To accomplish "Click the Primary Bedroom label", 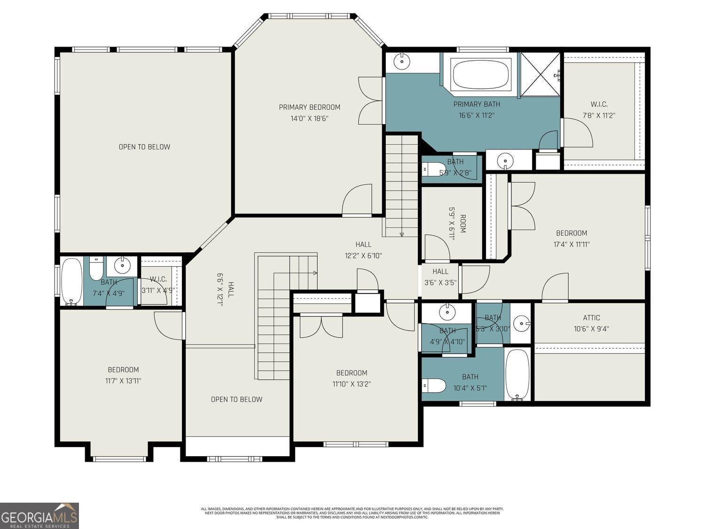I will click(x=309, y=107).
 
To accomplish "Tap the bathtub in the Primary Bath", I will click(x=480, y=74).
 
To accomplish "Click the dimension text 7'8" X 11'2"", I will click(x=599, y=115).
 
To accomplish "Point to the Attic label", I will click(x=591, y=318).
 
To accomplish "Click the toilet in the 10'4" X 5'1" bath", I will click(x=434, y=386).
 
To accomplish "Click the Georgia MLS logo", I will click(x=39, y=515).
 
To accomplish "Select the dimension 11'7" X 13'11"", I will click(x=123, y=381).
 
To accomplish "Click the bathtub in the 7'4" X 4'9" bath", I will click(x=71, y=282).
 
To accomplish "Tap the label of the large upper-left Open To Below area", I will click(x=144, y=147).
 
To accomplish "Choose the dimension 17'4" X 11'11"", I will click(x=572, y=245).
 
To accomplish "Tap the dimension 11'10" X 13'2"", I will click(x=352, y=384).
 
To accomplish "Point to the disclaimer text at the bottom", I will click(x=352, y=513).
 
